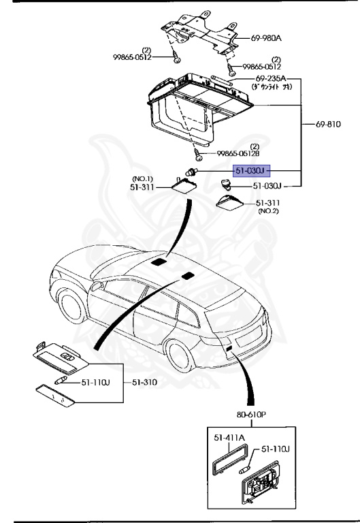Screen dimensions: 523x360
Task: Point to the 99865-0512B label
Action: click(x=240, y=153)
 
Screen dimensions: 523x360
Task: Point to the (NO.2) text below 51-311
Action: click(x=269, y=211)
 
